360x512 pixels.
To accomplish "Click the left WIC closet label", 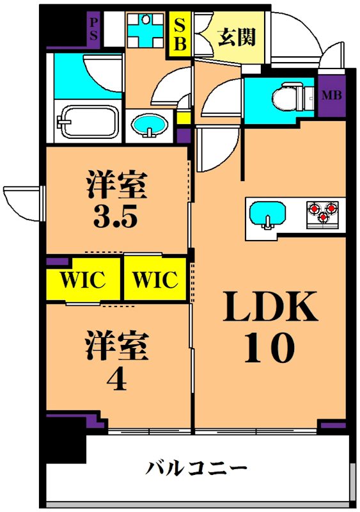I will pyautogui.click(x=82, y=280).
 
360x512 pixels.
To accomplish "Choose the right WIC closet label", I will pyautogui.click(x=154, y=280).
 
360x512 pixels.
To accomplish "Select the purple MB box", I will pyautogui.click(x=331, y=97).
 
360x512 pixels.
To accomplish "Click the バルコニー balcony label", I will pyautogui.click(x=196, y=468).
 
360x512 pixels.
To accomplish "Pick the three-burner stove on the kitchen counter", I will pyautogui.click(x=323, y=212).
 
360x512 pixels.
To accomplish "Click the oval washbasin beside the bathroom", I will pyautogui.click(x=150, y=124).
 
